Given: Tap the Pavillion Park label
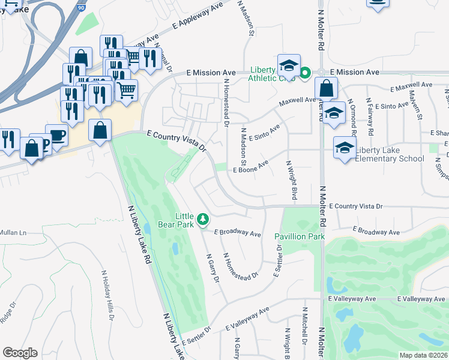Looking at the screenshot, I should (x=300, y=236).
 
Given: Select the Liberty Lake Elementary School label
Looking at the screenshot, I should (x=390, y=154).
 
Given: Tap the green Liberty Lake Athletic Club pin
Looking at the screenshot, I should (x=304, y=74).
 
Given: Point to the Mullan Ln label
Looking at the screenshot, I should (x=14, y=232).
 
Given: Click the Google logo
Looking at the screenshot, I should (x=20, y=353).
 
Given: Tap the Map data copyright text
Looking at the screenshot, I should (x=424, y=355).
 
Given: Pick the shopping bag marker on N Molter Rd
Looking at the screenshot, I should (x=326, y=88).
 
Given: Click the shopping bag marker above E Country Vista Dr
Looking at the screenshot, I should (x=100, y=130).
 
